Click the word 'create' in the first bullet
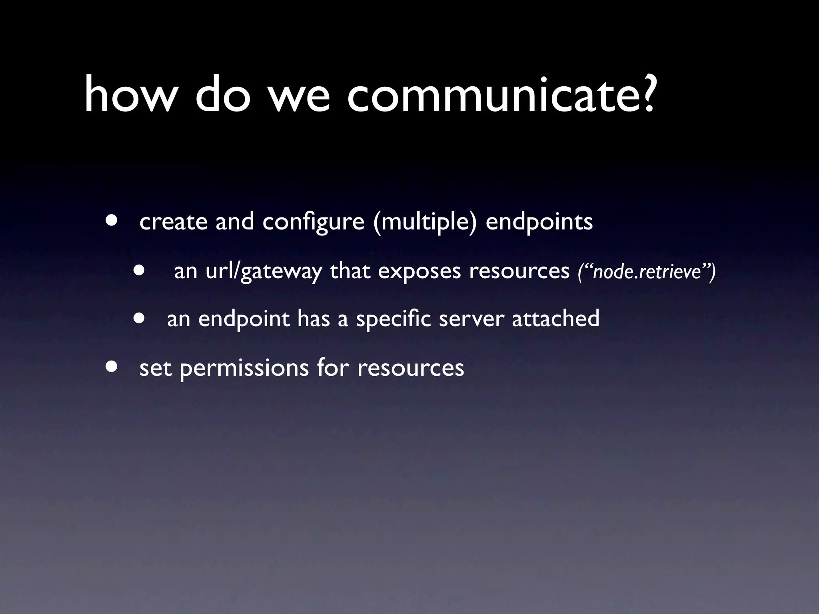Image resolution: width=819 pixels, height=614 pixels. coord(173,222)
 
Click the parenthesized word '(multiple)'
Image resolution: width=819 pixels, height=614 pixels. coord(425,222)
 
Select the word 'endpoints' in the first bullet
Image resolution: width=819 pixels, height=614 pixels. coord(539,222)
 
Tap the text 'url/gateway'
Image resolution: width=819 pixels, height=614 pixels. coord(264,272)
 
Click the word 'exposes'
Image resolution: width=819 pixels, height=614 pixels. coord(419,272)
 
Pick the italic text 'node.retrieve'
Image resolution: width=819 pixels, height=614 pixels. coord(647,273)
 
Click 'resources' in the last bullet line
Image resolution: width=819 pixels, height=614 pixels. coord(411,368)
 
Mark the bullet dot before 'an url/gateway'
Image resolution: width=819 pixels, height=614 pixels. coord(139,270)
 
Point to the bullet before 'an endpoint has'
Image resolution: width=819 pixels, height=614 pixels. coord(139,318)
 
